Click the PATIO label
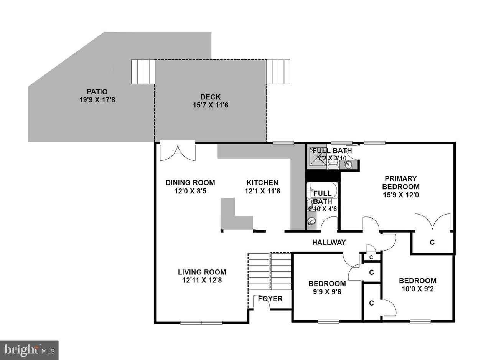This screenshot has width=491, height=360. click(x=97, y=92)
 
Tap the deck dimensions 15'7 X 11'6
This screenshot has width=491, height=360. click(x=211, y=105)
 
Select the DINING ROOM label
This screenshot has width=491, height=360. click(x=190, y=183)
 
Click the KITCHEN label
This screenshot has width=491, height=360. click(x=262, y=183)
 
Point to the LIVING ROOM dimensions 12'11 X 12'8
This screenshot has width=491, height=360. click(x=202, y=280)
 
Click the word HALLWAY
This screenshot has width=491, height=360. click(x=329, y=242)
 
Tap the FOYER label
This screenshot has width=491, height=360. click(x=270, y=299)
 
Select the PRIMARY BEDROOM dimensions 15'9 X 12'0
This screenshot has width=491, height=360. click(x=401, y=195)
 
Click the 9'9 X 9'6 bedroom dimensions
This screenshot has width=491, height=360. click(x=327, y=292)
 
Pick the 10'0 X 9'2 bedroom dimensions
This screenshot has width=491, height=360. click(x=418, y=289)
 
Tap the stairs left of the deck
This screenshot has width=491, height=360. click(x=143, y=72)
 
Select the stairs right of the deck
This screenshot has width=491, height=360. click(x=278, y=72)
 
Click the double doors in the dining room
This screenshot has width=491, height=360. click(x=178, y=151)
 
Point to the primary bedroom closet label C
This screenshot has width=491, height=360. click(x=432, y=242)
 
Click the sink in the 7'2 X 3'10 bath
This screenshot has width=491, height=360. click(x=348, y=164)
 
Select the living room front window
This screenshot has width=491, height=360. click(x=201, y=322)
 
